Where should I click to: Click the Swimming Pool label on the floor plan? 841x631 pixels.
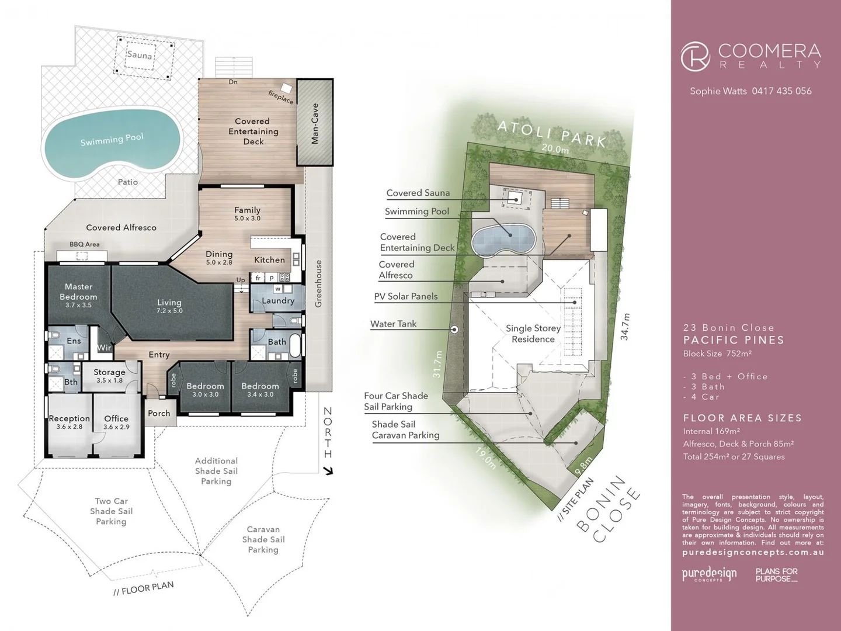[112, 140]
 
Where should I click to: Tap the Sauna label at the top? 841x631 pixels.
[140, 55]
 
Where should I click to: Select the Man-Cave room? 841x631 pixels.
[315, 123]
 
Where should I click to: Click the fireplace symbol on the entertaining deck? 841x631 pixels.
[286, 88]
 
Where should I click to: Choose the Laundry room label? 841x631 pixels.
[278, 301]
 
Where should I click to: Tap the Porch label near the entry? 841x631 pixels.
[159, 413]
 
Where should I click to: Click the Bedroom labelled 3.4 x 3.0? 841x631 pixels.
[260, 389]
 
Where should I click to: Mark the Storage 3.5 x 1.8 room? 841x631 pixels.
[109, 375]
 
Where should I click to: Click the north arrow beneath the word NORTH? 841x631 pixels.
[328, 470]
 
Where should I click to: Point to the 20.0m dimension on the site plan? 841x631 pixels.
[555, 148]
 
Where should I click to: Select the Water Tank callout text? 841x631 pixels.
[393, 324]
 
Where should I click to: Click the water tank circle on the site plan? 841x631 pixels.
[454, 330]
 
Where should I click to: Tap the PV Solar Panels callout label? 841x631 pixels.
[405, 296]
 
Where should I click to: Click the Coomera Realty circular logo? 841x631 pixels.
[695, 57]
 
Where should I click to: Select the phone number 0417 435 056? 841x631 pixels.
[781, 91]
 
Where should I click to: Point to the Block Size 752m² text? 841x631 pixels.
[717, 353]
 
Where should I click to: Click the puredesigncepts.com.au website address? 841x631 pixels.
[753, 552]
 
